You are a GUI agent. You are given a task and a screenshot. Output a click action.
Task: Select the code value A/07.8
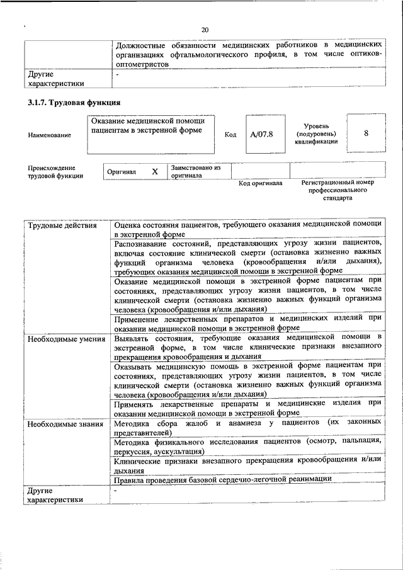coord(261,134)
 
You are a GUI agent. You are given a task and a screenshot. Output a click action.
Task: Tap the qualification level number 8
coord(366,134)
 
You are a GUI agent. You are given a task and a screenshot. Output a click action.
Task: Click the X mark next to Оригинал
coord(154,171)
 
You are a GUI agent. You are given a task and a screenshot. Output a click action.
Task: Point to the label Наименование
coord(49,135)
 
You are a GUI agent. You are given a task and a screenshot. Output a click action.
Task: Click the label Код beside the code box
coord(230,135)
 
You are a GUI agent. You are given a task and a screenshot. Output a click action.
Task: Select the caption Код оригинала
coord(260,183)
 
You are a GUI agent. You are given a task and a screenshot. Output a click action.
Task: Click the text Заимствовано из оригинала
coord(195,172)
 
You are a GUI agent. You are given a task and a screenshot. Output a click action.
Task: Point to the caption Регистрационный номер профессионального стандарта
coord(338,190)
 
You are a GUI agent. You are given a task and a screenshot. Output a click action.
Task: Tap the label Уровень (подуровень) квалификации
coord(320,134)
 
